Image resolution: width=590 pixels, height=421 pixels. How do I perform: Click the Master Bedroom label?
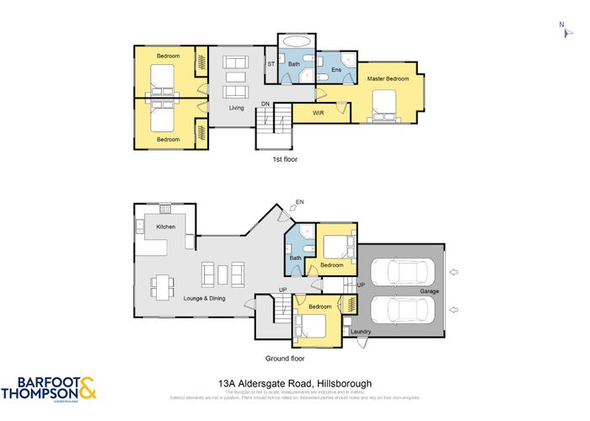(x=388, y=79)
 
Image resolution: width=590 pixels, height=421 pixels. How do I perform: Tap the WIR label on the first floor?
(x=319, y=112)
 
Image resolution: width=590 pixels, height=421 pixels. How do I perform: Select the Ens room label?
(x=335, y=69)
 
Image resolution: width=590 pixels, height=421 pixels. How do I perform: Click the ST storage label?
(x=271, y=64)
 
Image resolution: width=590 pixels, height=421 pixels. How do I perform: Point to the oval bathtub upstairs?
(x=296, y=41)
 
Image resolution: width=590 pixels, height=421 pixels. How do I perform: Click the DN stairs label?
(x=265, y=104)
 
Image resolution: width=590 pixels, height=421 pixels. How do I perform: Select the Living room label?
(x=237, y=108)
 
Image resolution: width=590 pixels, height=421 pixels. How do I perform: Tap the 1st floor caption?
(x=284, y=158)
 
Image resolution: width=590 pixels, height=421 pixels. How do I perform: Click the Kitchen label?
(x=165, y=226)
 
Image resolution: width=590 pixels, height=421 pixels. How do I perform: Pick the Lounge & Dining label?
(x=206, y=298)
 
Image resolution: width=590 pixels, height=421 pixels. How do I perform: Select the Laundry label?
(x=361, y=332)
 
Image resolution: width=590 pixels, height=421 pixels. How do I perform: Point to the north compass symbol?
(x=561, y=29)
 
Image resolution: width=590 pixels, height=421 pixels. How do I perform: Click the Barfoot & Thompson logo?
(x=49, y=389)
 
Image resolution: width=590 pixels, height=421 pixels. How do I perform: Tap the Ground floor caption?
(x=284, y=357)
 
